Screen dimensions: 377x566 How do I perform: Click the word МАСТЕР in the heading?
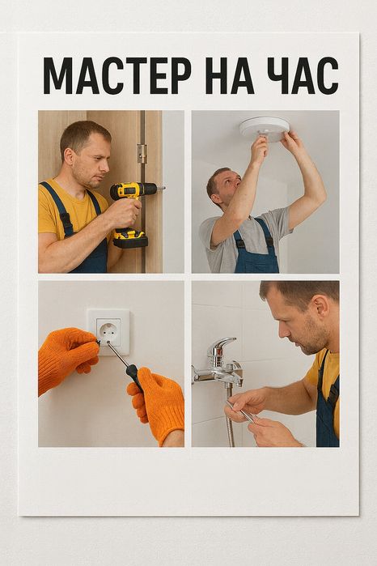pyautogui.click(x=117, y=75)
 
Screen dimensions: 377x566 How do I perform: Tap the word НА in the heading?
pyautogui.click(x=230, y=75)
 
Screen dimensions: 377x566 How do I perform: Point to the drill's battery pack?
pyautogui.click(x=130, y=239)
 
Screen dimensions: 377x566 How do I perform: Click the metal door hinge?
pyautogui.click(x=142, y=153)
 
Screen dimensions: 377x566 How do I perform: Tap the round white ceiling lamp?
pyautogui.click(x=265, y=129)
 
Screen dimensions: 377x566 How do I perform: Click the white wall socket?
pyautogui.click(x=109, y=332)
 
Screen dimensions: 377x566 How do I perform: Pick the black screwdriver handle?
pyautogui.click(x=135, y=377)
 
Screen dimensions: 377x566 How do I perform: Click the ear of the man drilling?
pyautogui.click(x=68, y=155)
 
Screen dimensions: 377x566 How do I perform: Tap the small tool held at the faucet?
pyautogui.click(x=242, y=412)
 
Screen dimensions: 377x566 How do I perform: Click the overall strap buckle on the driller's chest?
pyautogui.click(x=66, y=219)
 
